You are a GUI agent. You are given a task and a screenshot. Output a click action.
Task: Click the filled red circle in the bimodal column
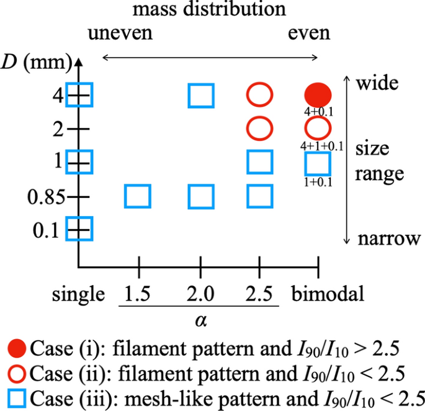[318, 96]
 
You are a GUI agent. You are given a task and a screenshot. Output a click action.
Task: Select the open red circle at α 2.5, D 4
[259, 96]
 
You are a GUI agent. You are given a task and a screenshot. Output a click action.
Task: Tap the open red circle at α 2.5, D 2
[259, 129]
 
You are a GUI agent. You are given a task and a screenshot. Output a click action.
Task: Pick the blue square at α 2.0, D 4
[201, 96]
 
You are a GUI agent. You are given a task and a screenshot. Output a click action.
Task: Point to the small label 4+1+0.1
[317, 146]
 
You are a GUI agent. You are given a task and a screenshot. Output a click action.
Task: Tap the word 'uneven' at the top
[120, 32]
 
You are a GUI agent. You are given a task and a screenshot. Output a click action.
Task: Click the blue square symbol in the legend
[17, 397]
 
